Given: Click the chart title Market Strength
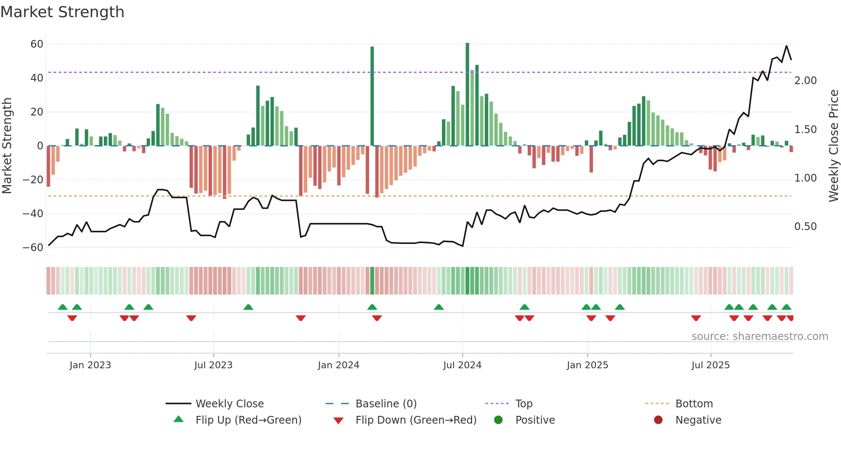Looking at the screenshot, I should coord(62,12).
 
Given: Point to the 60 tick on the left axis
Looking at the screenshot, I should coord(37,44).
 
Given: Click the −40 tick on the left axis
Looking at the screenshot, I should coord(33,213).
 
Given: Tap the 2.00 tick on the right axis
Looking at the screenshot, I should coord(805,81).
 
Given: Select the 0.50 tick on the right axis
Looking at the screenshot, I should coord(805,227).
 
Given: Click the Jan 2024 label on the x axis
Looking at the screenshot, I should coord(338,365).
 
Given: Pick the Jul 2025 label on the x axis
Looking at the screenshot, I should coord(710,365).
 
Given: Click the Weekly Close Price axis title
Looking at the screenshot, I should coord(833,146).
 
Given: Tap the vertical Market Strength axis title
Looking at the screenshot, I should coord(7,146).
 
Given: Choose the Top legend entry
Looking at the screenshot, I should coord(523,404).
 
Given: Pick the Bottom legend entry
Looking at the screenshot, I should coord(694,404).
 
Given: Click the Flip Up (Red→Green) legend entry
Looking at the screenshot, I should coord(248,420).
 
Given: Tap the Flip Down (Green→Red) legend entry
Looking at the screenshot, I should coord(415,420).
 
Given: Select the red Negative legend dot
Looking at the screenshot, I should coord(658,420).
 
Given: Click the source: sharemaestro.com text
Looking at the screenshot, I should coord(759,337).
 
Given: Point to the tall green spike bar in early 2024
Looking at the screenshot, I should coord(372,96).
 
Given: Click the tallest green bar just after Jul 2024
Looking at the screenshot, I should coord(467,94).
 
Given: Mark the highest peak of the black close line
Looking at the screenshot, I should coord(787,46).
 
